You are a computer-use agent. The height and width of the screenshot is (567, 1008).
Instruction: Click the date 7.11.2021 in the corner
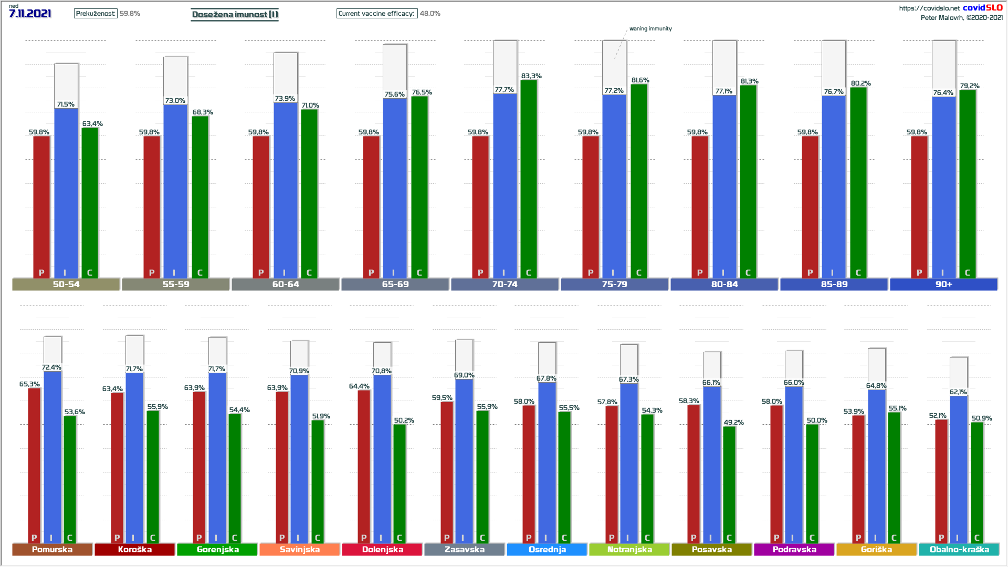pos(30,14)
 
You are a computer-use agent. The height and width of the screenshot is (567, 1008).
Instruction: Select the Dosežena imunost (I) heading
pos(235,14)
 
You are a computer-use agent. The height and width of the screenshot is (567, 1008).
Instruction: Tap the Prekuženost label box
pos(95,14)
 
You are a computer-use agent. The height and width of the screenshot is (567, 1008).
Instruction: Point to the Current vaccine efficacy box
pos(376,14)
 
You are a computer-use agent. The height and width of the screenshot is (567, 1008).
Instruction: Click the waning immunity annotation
pos(650,29)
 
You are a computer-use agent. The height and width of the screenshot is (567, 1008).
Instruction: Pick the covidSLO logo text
pos(982,7)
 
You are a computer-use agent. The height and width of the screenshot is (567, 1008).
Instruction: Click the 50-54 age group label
pos(66,284)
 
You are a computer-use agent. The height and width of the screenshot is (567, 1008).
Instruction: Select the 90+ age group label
pos(943,284)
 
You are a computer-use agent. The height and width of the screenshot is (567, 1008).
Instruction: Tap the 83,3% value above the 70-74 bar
pos(531,76)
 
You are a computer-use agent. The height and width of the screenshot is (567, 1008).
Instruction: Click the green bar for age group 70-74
pos(529,178)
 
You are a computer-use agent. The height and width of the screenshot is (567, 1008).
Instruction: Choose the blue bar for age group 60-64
pos(286,189)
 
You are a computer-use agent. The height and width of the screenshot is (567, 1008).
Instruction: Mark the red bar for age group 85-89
pos(810,205)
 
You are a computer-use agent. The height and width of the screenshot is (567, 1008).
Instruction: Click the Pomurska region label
pos(52,549)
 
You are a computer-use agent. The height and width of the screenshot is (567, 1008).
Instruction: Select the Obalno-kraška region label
pos(959,549)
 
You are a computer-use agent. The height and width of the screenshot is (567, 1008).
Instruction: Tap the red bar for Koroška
pos(117,467)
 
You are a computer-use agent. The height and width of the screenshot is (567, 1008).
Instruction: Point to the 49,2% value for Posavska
pos(733,422)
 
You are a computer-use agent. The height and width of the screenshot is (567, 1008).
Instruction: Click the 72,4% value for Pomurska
pos(51,367)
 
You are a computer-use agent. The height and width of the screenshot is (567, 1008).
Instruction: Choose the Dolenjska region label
pos(383,549)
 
